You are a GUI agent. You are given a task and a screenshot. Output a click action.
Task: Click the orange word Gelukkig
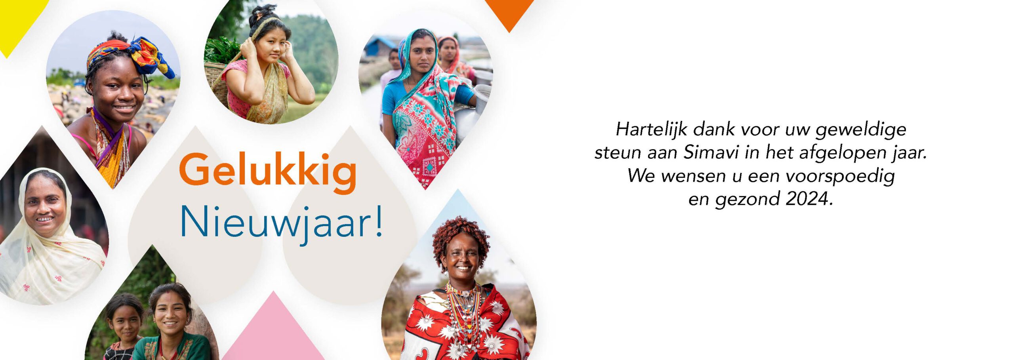click(268, 171)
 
